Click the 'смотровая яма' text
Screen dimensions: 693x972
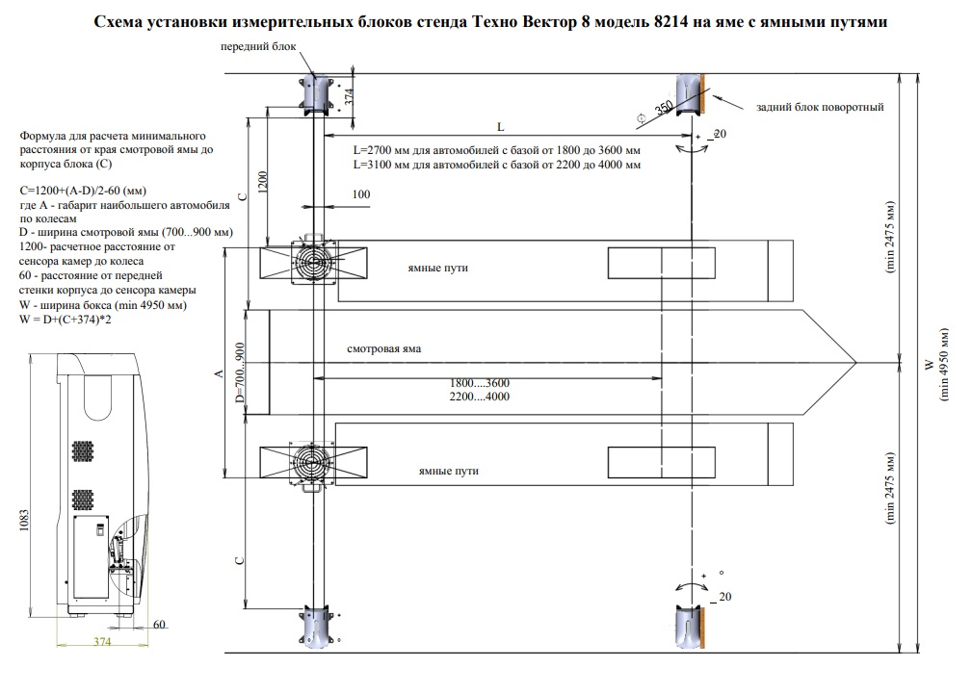384,348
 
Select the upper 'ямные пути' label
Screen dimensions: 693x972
437,268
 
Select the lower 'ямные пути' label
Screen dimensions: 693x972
449,472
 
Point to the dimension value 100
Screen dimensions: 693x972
361,195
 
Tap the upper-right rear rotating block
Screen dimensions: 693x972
692,91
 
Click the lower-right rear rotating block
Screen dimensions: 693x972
692,626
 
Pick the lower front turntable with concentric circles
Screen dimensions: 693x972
313,463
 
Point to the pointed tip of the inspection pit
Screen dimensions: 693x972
855,364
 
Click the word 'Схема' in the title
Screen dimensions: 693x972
120,21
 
